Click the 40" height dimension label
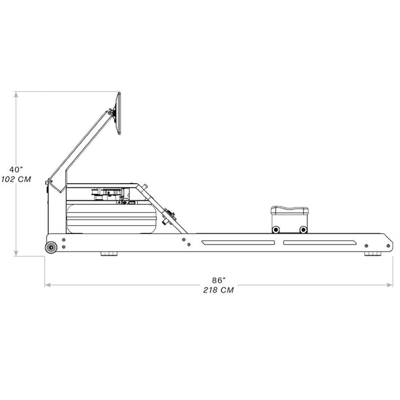click(16, 170)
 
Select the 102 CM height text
click(16, 179)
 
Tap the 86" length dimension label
click(219, 280)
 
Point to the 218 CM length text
click(219, 290)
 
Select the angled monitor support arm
click(80, 147)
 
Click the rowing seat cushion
click(290, 210)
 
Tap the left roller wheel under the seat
click(276, 229)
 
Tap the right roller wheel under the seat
click(303, 229)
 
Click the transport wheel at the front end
click(51, 247)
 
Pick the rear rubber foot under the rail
click(372, 254)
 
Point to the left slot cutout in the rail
click(238, 243)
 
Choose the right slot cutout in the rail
click(320, 243)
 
